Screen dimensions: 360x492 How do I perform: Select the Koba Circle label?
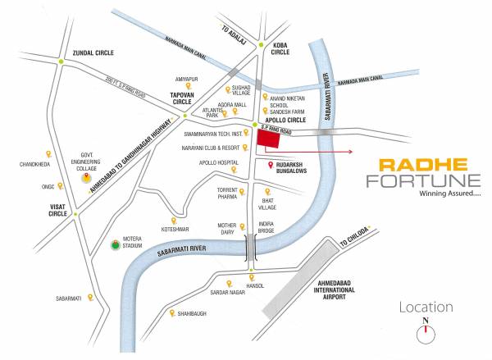(281, 48)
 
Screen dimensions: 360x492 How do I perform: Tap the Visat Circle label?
(57, 209)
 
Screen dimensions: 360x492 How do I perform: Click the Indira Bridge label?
(266, 226)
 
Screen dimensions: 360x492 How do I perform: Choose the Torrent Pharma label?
(226, 194)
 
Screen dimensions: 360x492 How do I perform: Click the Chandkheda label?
(35, 165)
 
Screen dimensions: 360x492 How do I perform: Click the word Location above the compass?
(426, 308)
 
